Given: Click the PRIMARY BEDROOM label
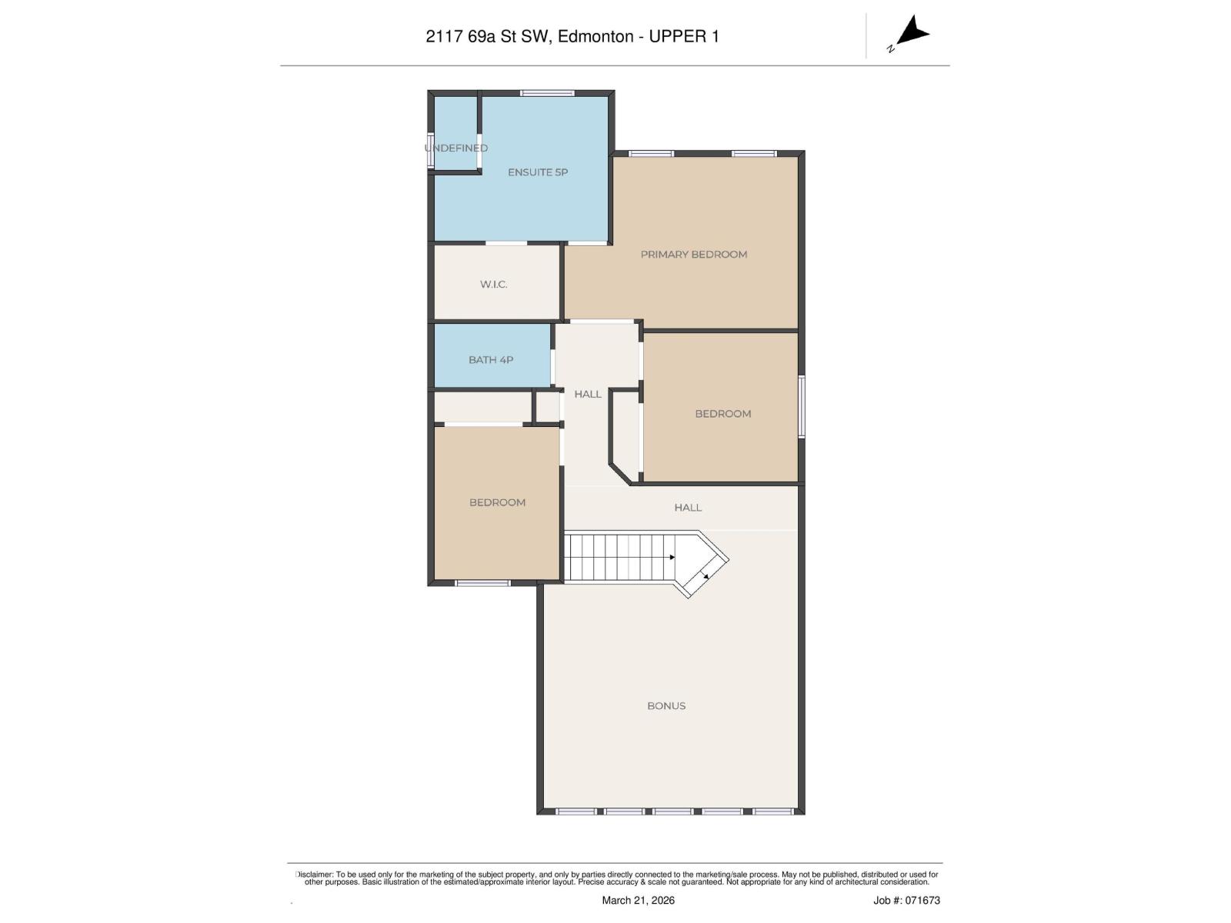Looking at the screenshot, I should click(x=693, y=255).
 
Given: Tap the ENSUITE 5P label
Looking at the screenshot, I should click(x=537, y=172).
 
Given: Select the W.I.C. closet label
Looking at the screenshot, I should click(x=493, y=285).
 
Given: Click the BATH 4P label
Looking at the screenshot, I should click(x=490, y=360).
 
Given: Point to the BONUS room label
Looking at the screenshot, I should click(x=666, y=706).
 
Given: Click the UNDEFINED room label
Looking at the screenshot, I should click(x=456, y=148).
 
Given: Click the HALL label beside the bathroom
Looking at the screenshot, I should click(x=587, y=395).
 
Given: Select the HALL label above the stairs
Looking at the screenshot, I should click(x=687, y=508).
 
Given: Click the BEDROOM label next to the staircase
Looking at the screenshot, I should click(x=497, y=503).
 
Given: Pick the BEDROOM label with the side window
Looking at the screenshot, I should click(x=722, y=414).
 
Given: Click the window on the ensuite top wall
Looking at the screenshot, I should click(x=547, y=93).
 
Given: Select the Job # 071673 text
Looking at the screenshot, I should click(x=906, y=901).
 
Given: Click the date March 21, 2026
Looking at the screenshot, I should click(x=638, y=901).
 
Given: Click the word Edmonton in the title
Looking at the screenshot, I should click(x=595, y=36).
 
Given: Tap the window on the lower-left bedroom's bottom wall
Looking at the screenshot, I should click(x=482, y=583).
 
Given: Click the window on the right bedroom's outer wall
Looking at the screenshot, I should click(x=801, y=407).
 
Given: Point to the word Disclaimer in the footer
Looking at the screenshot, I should click(x=314, y=875).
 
